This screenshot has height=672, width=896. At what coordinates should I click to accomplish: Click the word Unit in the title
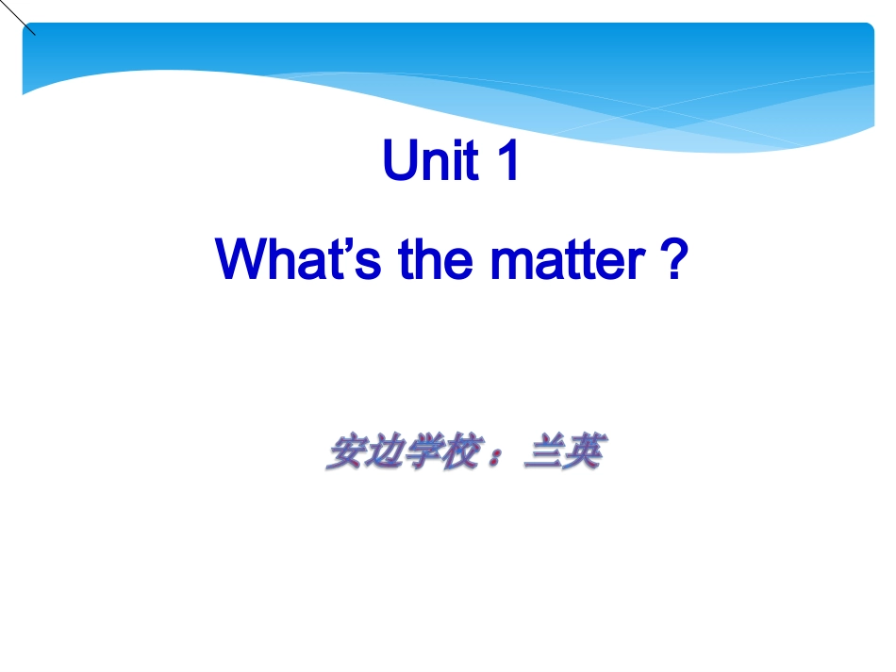click(430, 161)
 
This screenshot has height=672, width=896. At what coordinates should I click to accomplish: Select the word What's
click(299, 259)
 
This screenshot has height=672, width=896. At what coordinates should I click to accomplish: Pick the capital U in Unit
click(399, 161)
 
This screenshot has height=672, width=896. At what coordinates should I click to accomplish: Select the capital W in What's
click(243, 259)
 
